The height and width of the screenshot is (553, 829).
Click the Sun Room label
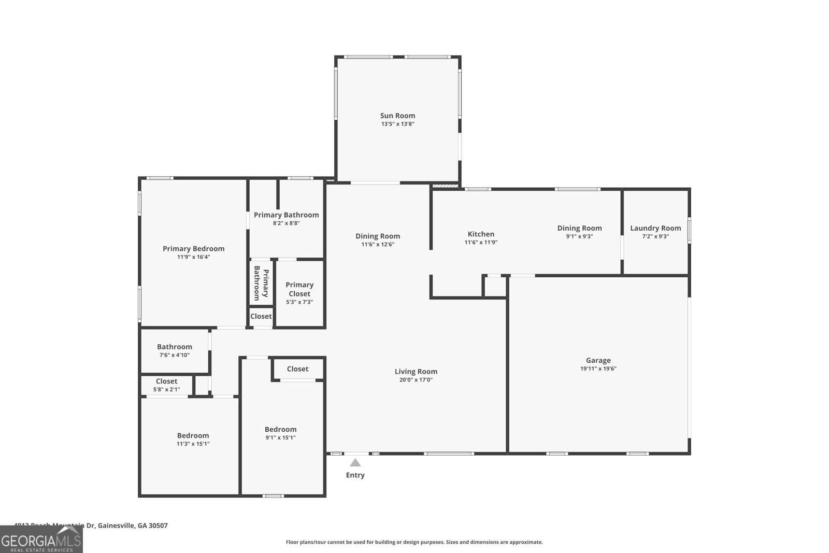[x=397, y=116]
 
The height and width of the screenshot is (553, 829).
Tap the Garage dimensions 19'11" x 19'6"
[x=598, y=369]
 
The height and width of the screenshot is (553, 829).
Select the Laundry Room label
[x=655, y=228]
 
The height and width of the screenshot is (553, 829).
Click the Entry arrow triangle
[x=355, y=463]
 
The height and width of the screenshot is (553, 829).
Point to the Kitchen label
[x=481, y=234]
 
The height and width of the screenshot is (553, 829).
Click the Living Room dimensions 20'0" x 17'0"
[x=416, y=380]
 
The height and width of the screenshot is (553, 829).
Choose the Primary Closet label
[x=299, y=289]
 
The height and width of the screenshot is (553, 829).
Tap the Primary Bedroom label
[x=193, y=249]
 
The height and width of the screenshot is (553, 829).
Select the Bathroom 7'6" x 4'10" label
[x=174, y=347]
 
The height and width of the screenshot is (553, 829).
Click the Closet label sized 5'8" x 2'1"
[x=166, y=381]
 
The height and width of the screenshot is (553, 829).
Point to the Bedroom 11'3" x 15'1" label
[x=193, y=436]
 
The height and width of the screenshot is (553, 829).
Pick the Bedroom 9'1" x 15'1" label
[x=280, y=430]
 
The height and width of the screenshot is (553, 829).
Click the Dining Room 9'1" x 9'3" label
[x=579, y=228]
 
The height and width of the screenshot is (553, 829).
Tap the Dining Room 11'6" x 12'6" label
[x=377, y=236]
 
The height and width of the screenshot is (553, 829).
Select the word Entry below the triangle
[x=355, y=475]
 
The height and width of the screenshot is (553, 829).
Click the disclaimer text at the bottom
[x=414, y=542]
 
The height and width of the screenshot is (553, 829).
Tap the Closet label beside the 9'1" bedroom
[x=297, y=369]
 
